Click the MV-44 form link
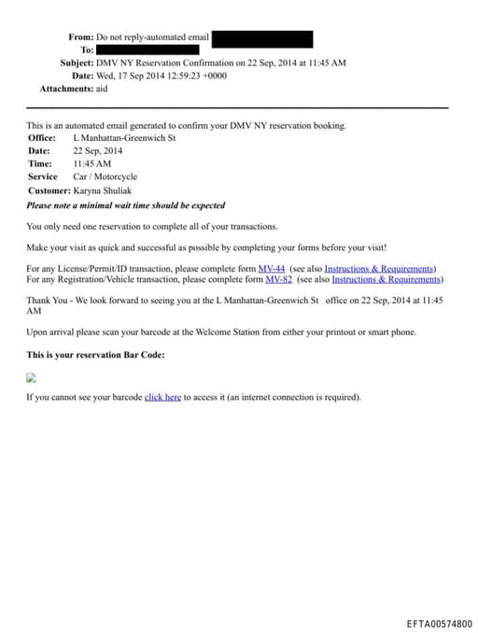coord(271,269)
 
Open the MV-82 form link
coord(278,279)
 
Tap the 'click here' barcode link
coord(162,397)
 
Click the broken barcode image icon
coord(31,378)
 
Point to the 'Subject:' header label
coord(77,63)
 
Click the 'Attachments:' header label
coord(66,89)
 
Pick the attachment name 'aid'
coord(103,89)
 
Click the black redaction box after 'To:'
coord(148,49)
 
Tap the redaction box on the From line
coord(262,37)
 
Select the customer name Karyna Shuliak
coord(103,190)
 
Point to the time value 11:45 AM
coord(91,164)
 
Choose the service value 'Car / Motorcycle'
coord(105,177)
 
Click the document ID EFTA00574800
coord(439,624)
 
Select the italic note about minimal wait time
coord(125,205)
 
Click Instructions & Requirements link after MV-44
coord(379,269)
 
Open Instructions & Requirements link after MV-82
coord(386,279)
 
